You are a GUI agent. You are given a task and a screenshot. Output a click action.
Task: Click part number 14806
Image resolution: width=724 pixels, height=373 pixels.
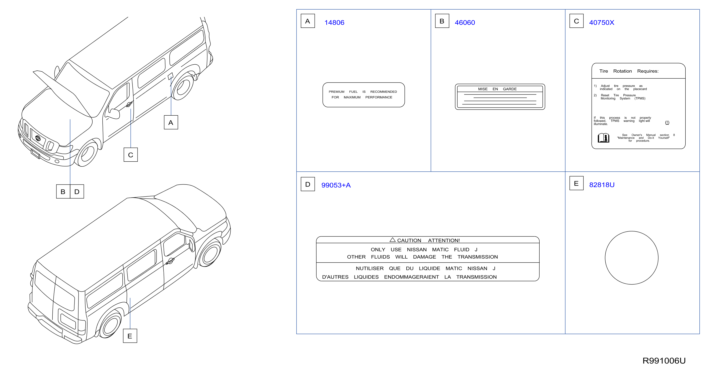[x=334, y=23]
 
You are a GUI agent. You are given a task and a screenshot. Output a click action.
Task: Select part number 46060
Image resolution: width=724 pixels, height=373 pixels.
[x=465, y=23]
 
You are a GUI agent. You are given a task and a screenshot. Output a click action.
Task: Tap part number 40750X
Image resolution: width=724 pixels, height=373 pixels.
[x=602, y=23]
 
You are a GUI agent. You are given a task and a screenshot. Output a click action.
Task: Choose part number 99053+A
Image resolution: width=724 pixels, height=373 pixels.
[x=336, y=185]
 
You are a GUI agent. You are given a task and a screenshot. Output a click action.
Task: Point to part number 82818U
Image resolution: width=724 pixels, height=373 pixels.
[x=602, y=185]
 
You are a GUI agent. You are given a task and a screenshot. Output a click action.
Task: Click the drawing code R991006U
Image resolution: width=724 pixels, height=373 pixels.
[x=664, y=361]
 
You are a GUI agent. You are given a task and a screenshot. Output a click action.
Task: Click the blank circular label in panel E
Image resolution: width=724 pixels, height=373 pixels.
[x=631, y=231]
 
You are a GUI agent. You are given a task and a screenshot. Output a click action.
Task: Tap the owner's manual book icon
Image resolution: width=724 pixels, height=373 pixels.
[x=603, y=138]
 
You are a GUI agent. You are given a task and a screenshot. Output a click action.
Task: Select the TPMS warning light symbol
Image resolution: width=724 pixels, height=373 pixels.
[x=667, y=122]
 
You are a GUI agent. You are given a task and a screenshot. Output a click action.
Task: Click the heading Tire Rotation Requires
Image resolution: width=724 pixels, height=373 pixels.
[x=629, y=71]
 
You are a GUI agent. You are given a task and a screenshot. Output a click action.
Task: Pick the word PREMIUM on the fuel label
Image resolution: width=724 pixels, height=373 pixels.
[x=336, y=92]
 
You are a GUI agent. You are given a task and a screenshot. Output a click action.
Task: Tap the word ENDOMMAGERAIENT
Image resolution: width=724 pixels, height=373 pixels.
[x=411, y=277]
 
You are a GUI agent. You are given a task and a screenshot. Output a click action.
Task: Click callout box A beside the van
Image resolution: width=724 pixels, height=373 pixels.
[x=171, y=122]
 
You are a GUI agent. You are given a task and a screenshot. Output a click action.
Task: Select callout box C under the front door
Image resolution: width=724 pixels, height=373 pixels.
[x=131, y=155]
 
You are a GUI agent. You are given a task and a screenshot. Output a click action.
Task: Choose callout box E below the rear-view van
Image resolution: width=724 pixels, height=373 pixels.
[x=130, y=336]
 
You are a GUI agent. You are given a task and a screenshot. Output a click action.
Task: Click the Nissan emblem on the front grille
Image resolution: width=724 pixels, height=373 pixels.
[x=38, y=138]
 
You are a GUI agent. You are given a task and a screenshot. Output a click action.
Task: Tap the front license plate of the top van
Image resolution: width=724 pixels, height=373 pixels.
[x=35, y=154]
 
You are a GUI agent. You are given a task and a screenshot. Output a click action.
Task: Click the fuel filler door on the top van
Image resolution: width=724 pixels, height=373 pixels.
[x=170, y=76]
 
